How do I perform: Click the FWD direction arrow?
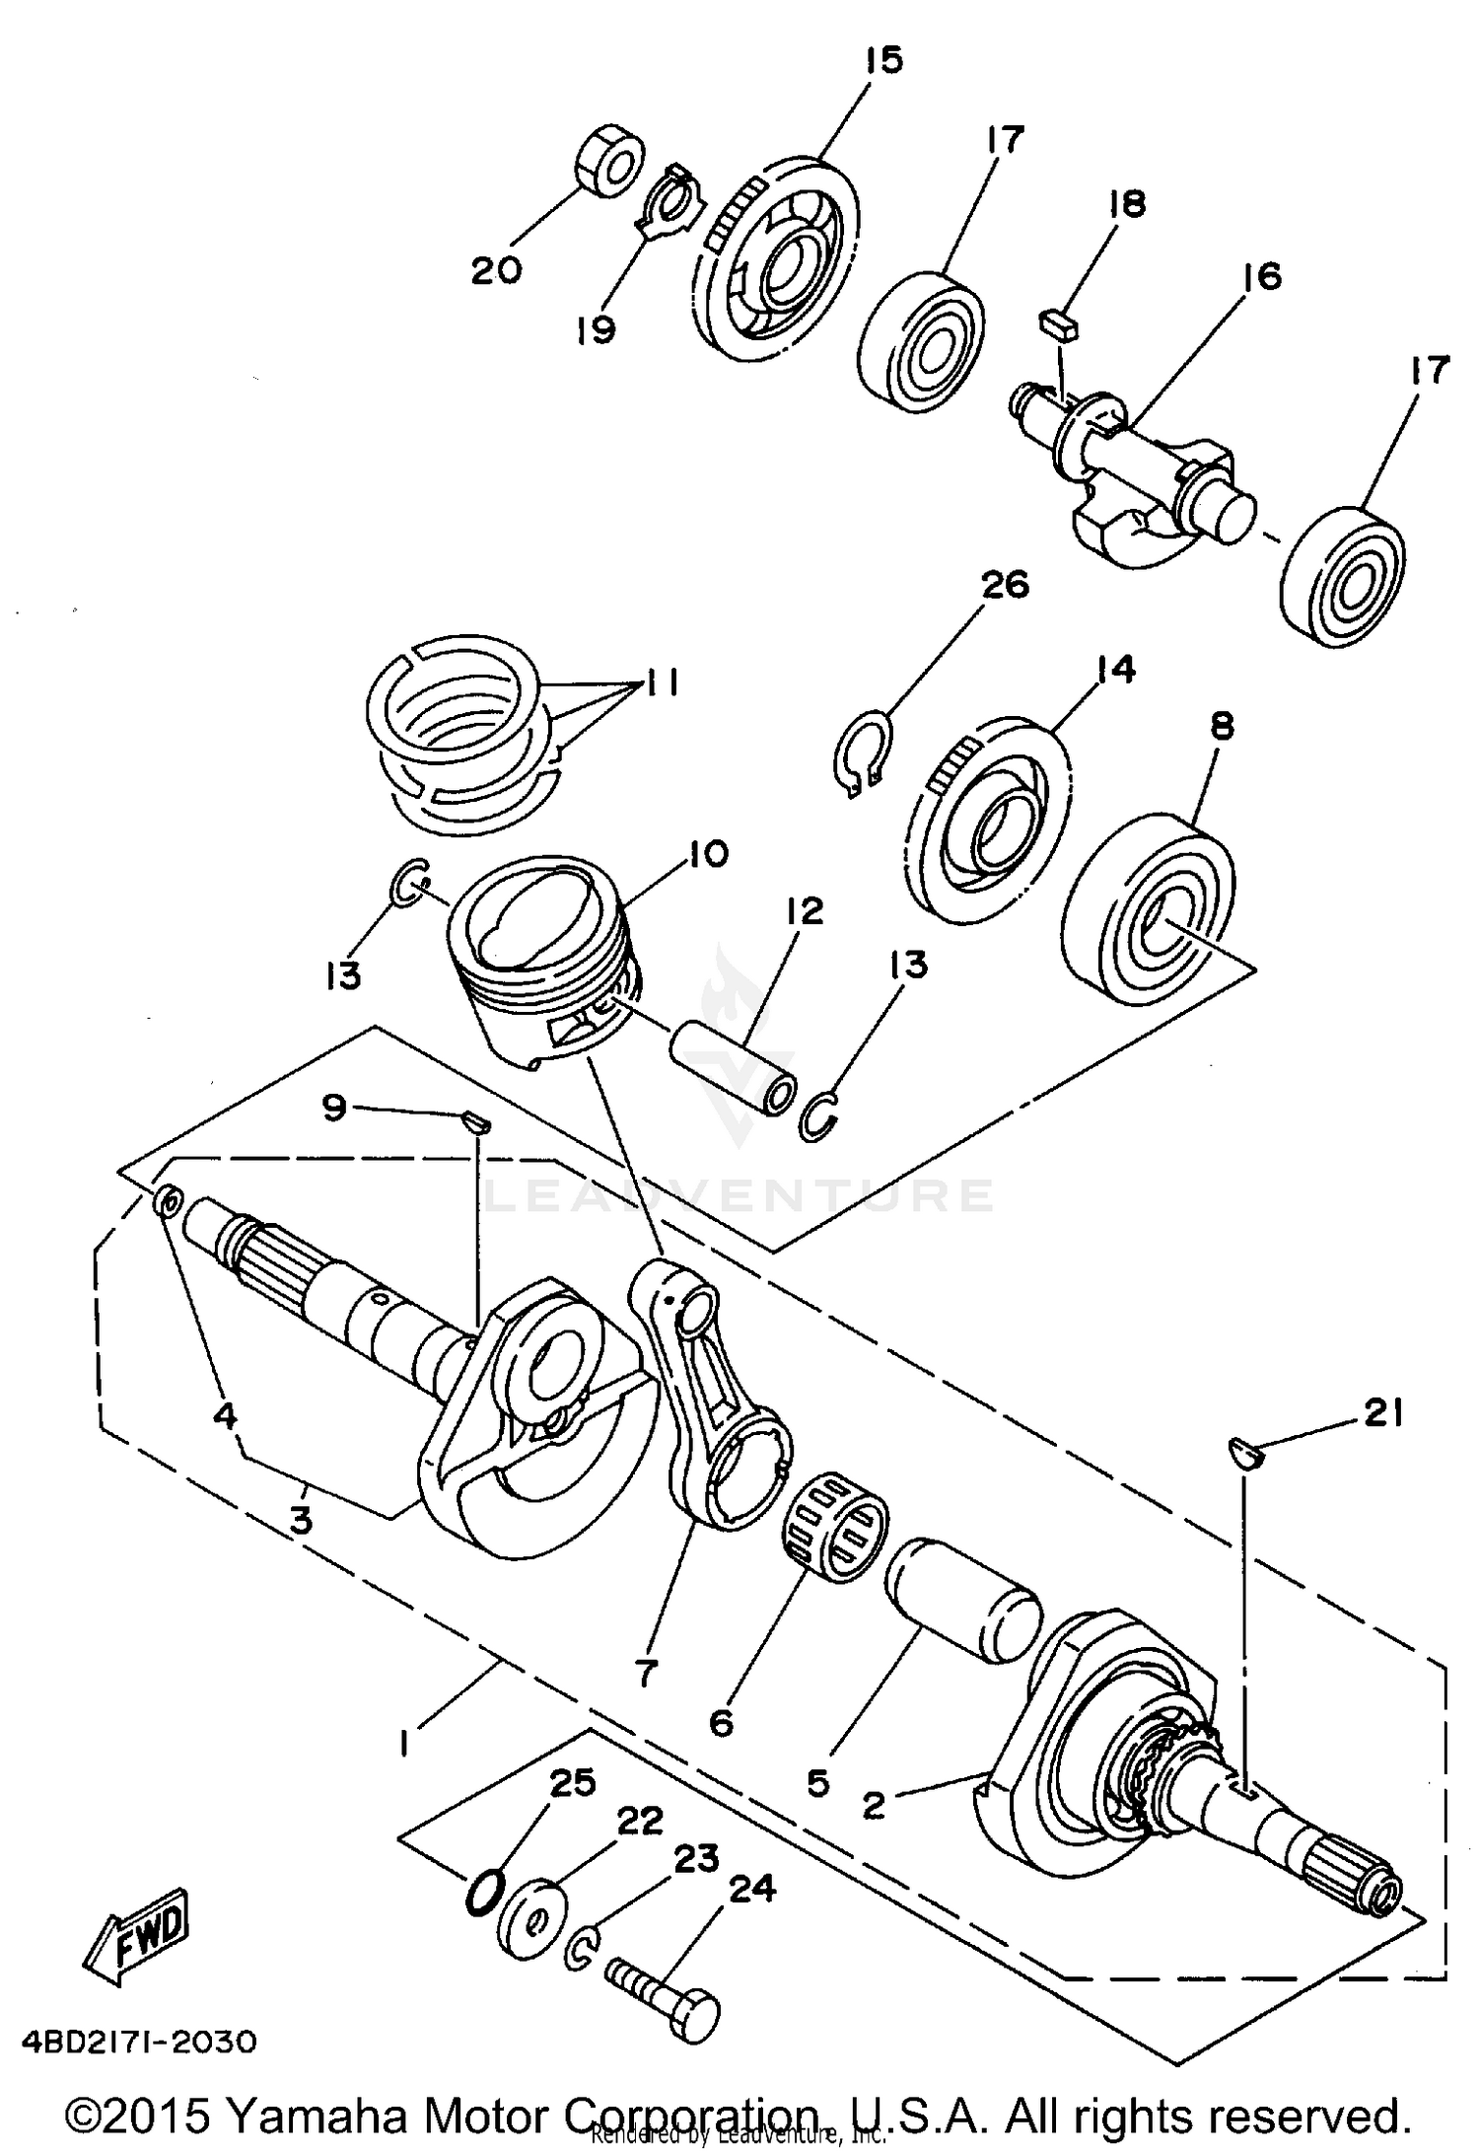click(136, 1936)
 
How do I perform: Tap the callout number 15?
click(882, 60)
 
